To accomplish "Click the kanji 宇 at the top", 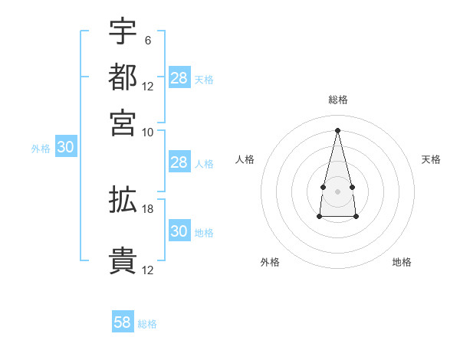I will [x=123, y=31].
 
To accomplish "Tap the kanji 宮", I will [x=123, y=123].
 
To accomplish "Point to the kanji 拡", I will [x=123, y=200].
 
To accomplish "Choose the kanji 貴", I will [x=123, y=261].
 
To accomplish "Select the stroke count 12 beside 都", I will [x=148, y=87].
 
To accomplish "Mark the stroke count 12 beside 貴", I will [x=148, y=270].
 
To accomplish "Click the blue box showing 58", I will [x=123, y=322].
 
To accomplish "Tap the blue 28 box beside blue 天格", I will [x=179, y=77].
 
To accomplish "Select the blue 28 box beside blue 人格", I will [x=179, y=162].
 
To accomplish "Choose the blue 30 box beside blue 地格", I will [x=179, y=231].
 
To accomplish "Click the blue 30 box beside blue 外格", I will [x=65, y=148].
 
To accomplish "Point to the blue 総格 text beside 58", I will [x=147, y=324].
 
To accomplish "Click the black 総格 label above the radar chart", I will [x=337, y=100].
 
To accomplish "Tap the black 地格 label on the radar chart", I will [x=402, y=262].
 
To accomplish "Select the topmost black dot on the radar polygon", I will [x=337, y=129].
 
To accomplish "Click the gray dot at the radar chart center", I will [x=337, y=190].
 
